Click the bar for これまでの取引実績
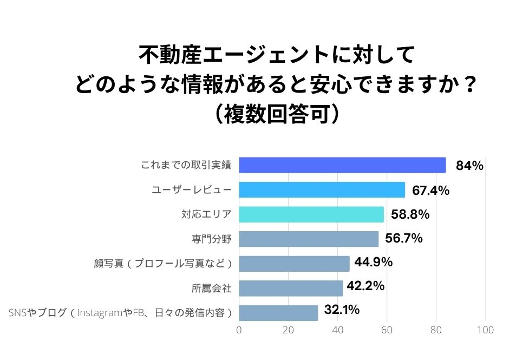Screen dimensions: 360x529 (342, 165)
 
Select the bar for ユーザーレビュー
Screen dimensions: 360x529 (322, 190)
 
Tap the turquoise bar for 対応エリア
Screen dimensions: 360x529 (311, 214)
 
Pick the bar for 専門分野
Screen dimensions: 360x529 (309, 239)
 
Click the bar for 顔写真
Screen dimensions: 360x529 (294, 264)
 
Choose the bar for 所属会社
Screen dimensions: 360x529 (291, 288)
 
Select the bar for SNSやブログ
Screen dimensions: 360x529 (278, 313)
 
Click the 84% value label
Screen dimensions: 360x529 (469, 166)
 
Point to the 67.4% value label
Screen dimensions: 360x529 (431, 190)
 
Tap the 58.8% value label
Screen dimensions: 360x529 (410, 214)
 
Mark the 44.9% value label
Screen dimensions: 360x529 (374, 263)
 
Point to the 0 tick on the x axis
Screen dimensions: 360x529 (239, 330)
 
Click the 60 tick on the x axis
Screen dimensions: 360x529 (387, 330)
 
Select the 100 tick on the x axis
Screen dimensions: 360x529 (485, 330)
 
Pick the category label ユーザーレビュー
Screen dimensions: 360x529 (191, 190)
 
